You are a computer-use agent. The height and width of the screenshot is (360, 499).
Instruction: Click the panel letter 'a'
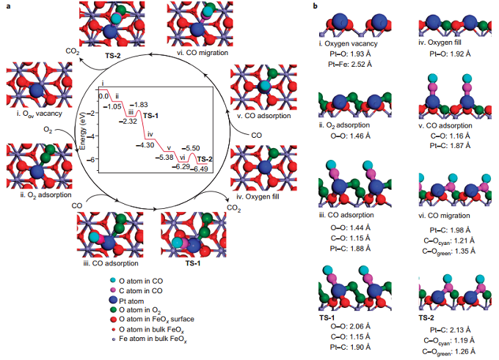click(9, 6)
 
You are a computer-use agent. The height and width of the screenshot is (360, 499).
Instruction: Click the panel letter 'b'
click(315, 6)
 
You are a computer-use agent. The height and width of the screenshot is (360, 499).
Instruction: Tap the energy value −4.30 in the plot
click(145, 145)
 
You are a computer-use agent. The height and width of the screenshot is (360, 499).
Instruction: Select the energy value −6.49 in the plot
click(199, 169)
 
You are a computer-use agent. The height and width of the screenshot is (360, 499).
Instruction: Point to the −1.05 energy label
click(112, 107)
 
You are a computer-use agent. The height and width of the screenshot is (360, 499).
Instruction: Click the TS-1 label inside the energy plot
click(150, 116)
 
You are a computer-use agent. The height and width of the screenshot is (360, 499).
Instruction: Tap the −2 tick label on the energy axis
click(91, 113)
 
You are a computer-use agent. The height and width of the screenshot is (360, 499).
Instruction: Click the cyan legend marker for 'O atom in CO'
click(113, 281)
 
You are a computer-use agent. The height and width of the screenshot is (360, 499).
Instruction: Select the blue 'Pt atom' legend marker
click(113, 301)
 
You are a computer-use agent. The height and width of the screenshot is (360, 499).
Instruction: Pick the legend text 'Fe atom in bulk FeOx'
click(153, 339)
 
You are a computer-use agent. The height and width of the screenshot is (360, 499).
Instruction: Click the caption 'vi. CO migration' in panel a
click(203, 53)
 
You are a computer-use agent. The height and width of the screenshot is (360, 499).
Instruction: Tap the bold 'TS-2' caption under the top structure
click(113, 56)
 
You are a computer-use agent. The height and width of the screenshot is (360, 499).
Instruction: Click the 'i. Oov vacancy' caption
click(40, 114)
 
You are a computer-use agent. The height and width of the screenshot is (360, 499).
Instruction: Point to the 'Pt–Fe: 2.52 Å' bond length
click(350, 65)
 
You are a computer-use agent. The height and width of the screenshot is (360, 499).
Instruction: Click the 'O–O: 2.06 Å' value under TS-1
click(350, 326)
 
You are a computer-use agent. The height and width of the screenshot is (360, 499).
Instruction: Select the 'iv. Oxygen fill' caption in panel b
click(440, 43)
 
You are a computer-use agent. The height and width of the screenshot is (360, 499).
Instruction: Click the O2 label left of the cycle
click(48, 130)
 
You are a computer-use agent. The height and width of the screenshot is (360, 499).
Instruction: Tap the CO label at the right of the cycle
click(257, 136)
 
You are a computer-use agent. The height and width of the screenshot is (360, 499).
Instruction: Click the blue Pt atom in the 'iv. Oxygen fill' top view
click(266, 167)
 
